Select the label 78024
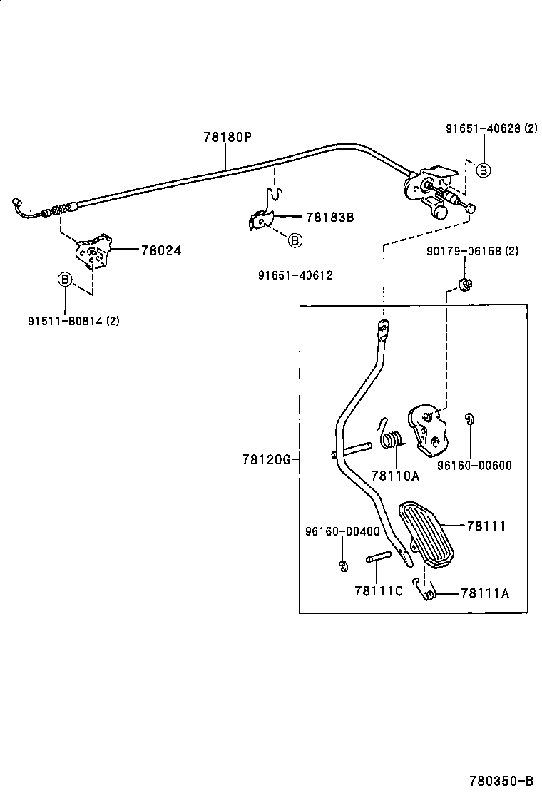click(x=160, y=250)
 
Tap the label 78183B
click(x=329, y=218)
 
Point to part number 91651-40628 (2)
click(x=491, y=129)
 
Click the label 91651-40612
click(x=295, y=276)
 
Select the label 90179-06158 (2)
click(x=472, y=252)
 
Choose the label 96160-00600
click(x=475, y=466)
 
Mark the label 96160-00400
click(x=342, y=531)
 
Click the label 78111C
click(x=379, y=590)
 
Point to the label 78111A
click(x=484, y=593)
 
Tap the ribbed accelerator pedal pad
click(x=426, y=536)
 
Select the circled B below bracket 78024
click(x=64, y=280)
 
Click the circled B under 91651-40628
click(x=483, y=170)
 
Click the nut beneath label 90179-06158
click(x=464, y=285)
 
